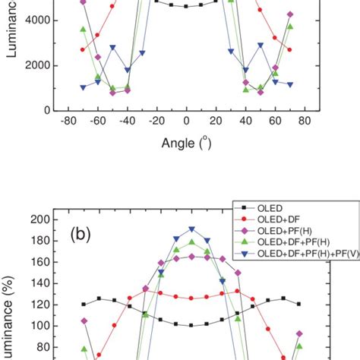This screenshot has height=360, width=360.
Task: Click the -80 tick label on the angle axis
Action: coord(68,121)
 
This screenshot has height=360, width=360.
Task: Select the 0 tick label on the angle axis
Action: coord(186,121)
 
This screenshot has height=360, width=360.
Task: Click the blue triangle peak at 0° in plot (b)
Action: coord(191,229)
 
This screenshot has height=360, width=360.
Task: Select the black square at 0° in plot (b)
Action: coord(191,326)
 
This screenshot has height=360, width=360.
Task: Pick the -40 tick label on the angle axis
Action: coord(128,121)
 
